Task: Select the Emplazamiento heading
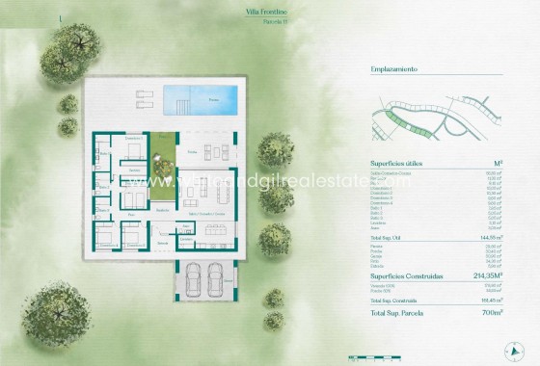[393, 70]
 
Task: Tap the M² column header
[497, 165]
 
